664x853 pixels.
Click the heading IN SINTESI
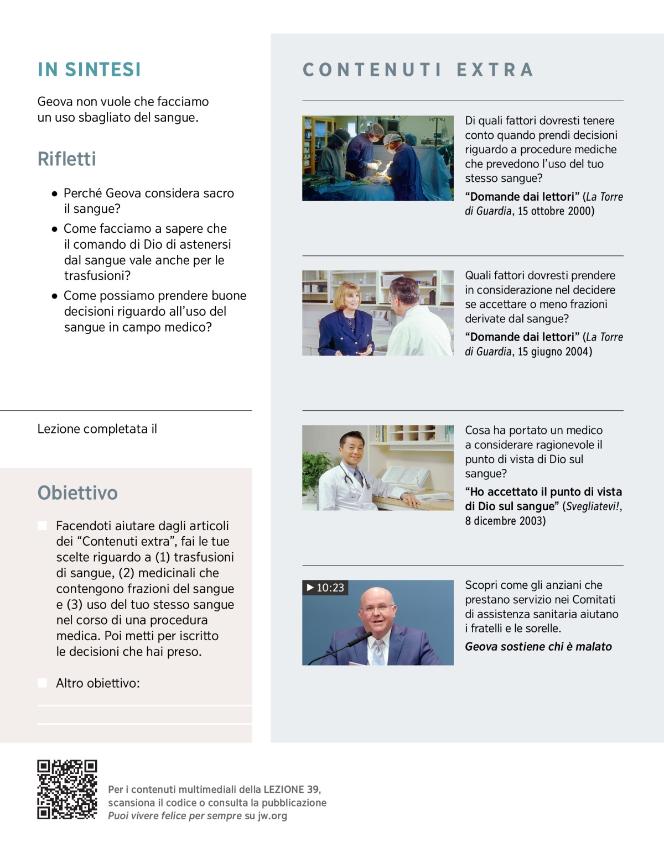coord(89,70)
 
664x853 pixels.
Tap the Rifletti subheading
coord(66,159)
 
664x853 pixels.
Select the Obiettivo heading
coord(77,493)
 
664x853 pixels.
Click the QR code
coord(67,789)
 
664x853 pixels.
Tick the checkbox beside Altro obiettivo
coord(42,683)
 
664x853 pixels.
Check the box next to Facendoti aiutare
coord(42,525)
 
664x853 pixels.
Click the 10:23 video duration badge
coord(325,588)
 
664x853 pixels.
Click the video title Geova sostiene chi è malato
coord(538,647)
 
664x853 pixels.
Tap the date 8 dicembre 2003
coord(505,521)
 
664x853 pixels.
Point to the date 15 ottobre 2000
coord(556,211)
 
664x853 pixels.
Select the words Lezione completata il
coord(97,429)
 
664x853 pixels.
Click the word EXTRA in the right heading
coord(495,70)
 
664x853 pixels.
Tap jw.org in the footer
coord(272,816)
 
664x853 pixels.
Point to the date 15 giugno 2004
coord(554,352)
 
